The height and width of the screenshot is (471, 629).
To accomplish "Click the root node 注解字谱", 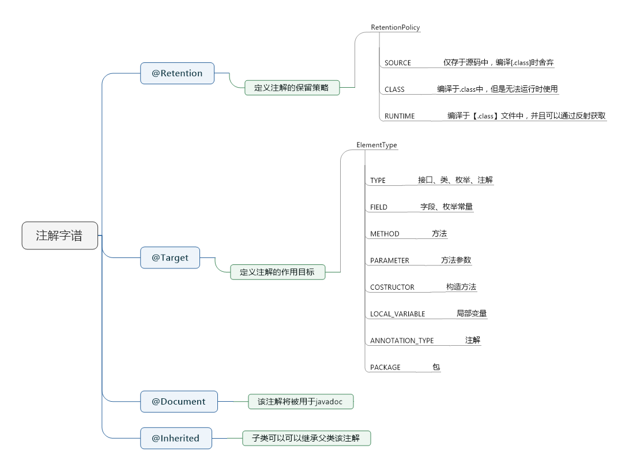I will point(59,235).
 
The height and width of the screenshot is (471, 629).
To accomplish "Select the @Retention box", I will point(177,73).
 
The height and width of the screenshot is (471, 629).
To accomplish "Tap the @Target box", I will point(170,258).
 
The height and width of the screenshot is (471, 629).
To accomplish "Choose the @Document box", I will point(179,402).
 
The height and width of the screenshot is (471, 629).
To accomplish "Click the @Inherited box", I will point(176,438).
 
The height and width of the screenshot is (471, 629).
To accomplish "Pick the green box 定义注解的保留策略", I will point(292,88).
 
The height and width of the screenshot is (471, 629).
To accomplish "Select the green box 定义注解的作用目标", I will point(277,272).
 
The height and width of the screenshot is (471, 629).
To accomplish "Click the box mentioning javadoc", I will point(300,402).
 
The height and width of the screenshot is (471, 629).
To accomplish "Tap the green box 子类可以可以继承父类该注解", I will point(306,439).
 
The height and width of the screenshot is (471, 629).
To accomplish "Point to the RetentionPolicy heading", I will point(395,27).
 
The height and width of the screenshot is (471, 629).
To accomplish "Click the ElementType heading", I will point(376,145).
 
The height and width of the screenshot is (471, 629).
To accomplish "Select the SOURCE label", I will point(398,63).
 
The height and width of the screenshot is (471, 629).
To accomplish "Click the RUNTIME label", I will point(400,116).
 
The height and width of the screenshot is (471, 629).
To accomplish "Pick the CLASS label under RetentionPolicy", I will point(394,89).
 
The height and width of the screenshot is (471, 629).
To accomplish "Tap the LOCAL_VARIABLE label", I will point(397,314).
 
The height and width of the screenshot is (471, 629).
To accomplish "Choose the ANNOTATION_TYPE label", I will point(402,341).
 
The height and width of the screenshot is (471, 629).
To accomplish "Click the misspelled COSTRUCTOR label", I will point(392,287).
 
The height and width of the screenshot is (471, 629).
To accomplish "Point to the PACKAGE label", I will point(385,367).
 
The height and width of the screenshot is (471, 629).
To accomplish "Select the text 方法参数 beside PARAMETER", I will point(456,260).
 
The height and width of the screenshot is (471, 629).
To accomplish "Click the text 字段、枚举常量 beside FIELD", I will point(446,207).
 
